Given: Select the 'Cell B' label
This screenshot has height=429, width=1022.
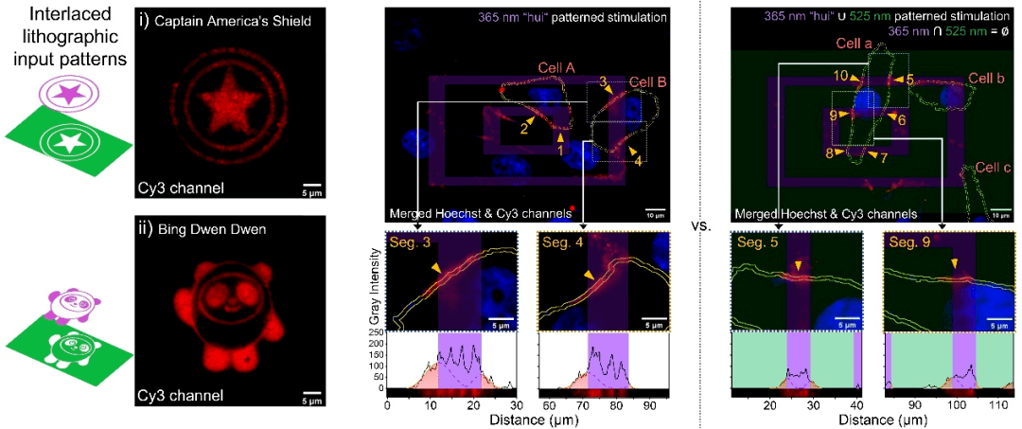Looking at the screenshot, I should tap(648, 81).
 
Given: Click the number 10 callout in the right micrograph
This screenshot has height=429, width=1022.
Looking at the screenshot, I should tap(840, 74).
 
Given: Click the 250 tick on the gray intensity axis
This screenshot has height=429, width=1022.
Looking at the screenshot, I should tap(376, 332).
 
